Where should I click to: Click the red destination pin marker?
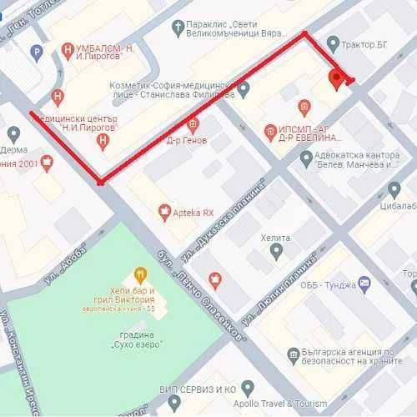tap(337, 79)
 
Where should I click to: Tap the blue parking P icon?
tap(36, 53)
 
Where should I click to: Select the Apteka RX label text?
tap(197, 213)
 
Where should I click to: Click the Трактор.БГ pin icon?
tap(333, 43)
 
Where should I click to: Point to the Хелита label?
tap(275, 238)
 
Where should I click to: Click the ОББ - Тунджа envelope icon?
tap(364, 284)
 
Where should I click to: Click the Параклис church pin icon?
tap(176, 28)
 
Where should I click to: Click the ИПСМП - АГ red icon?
tap(269, 131)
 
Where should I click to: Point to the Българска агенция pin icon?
tap(293, 356)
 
